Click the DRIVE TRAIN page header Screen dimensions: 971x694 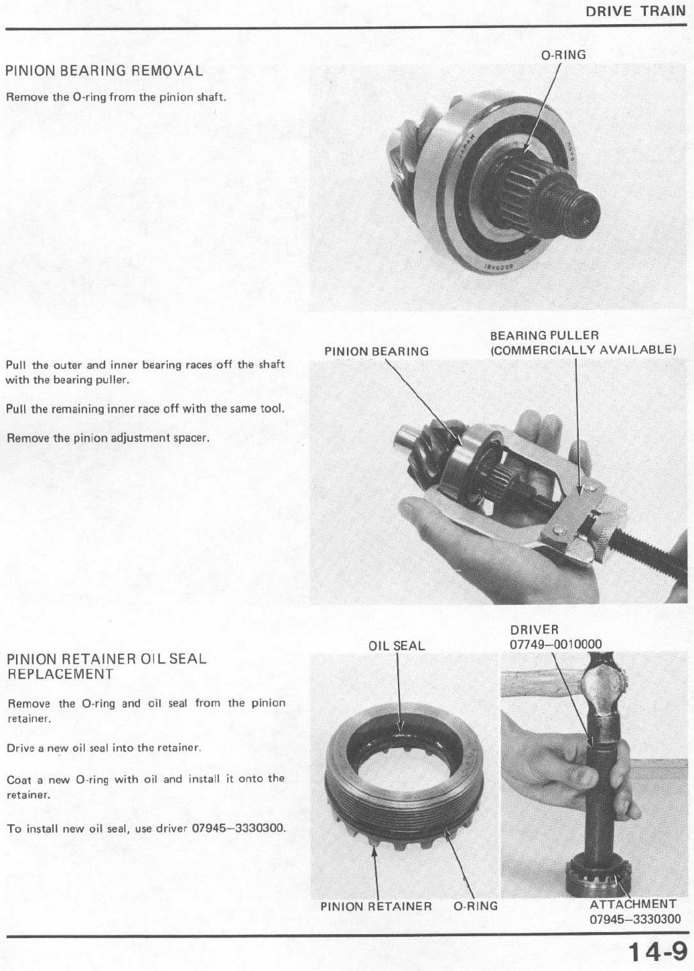(x=636, y=11)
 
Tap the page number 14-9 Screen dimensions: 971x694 (x=657, y=952)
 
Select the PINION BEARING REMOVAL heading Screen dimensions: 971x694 (x=104, y=71)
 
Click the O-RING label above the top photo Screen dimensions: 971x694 (x=563, y=55)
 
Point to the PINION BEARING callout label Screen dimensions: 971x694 (x=376, y=352)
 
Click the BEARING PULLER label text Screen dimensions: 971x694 (x=544, y=335)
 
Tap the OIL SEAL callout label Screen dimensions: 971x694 (x=397, y=646)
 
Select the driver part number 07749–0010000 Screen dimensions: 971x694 (x=555, y=644)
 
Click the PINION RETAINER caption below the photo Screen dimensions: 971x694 (x=376, y=906)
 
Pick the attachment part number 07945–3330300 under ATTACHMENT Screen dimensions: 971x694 (x=634, y=919)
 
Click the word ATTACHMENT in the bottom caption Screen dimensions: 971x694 (x=632, y=905)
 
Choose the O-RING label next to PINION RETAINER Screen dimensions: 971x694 (x=476, y=906)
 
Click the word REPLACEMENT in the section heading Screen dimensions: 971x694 (x=60, y=674)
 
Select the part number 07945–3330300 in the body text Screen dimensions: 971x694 (x=238, y=828)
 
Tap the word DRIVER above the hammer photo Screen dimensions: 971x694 (x=534, y=629)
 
